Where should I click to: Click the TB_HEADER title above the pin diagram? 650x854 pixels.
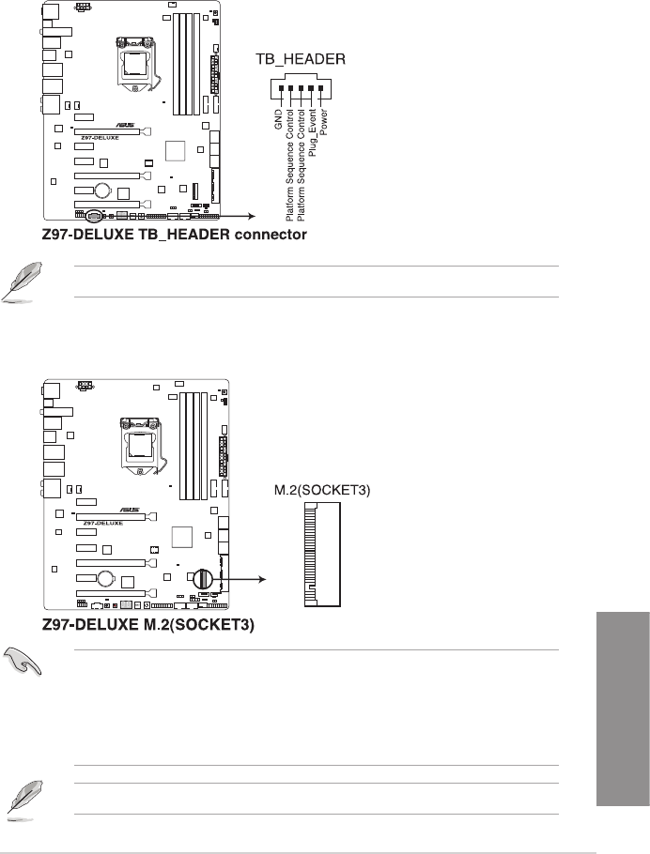click(301, 59)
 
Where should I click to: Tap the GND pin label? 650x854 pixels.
click(279, 119)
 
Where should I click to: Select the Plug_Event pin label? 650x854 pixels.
click(312, 133)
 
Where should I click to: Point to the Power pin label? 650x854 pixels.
click(323, 122)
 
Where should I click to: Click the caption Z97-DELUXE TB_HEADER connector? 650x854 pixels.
click(175, 235)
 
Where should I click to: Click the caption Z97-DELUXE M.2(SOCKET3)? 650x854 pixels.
click(148, 624)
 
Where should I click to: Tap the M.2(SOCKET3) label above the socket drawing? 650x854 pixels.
click(322, 490)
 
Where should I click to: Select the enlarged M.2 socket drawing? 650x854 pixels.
click(322, 555)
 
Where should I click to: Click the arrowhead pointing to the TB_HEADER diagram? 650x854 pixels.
click(252, 216)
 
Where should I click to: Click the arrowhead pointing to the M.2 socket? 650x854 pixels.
click(262, 580)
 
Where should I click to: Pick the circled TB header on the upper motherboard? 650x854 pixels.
click(93, 216)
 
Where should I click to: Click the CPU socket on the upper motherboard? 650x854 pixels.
click(136, 63)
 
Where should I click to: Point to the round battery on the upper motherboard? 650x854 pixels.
click(102, 191)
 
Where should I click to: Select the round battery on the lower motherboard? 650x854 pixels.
click(106, 577)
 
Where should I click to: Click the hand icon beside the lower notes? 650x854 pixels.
click(23, 662)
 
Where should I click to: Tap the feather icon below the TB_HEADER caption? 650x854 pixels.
click(22, 281)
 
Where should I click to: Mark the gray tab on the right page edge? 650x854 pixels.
click(623, 709)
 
